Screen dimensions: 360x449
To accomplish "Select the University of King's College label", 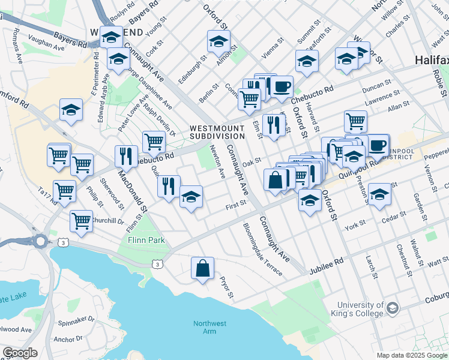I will [x=360, y=309].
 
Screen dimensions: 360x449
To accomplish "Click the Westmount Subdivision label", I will [x=217, y=132].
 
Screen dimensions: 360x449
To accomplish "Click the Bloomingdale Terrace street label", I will [x=262, y=250].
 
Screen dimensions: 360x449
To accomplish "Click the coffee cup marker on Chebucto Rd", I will [x=281, y=86].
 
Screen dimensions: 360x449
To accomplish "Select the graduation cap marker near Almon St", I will [x=218, y=41].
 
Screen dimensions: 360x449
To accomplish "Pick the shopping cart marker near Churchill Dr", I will [x=81, y=220].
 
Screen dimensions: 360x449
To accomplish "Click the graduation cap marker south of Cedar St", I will [x=379, y=194].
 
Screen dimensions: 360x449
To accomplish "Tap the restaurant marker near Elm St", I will [x=273, y=125].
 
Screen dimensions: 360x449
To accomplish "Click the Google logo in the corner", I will [x=19, y=353].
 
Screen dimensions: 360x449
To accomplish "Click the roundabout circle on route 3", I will [x=40, y=242].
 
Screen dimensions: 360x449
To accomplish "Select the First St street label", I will [x=236, y=204].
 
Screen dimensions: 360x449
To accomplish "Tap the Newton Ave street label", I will [x=217, y=161].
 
